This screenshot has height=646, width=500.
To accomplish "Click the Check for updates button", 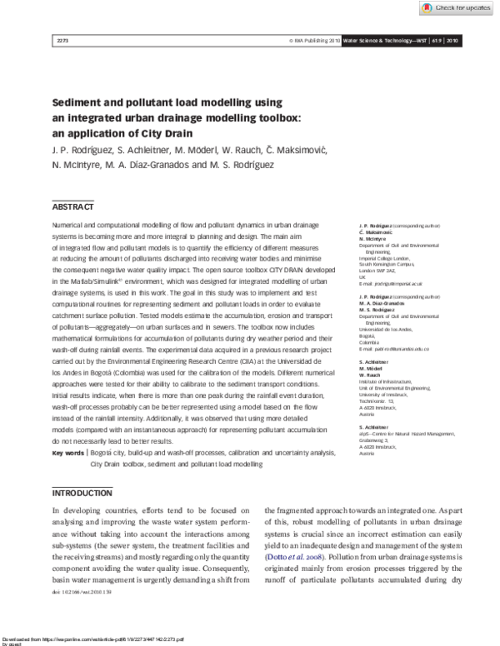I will click(x=457, y=8).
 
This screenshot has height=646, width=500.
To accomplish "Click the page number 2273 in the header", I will click(x=59, y=41).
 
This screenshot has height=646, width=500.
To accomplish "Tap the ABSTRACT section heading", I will click(x=73, y=206).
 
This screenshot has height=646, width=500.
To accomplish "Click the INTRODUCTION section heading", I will click(x=82, y=493).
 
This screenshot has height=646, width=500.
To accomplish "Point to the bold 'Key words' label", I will click(x=68, y=453).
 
